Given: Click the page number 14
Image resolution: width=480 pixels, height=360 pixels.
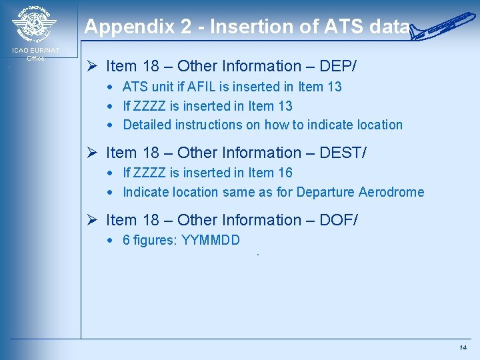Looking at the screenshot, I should point(463,348).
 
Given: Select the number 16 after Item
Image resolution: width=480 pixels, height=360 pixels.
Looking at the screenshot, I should point(285,173).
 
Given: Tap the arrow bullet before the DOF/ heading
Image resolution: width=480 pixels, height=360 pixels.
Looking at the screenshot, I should point(93,220).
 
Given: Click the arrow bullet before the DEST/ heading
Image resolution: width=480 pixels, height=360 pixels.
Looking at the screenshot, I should point(93,153).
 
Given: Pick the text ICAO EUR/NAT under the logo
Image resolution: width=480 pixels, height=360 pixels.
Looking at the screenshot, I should point(35,51).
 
